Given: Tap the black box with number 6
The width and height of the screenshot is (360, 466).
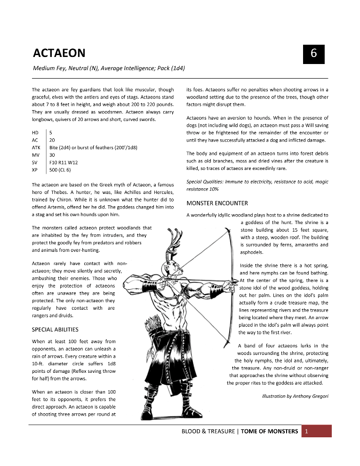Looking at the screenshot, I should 313,54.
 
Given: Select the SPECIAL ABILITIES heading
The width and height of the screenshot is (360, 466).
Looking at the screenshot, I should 55,329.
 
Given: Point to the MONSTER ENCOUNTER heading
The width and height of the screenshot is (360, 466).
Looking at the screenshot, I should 217,203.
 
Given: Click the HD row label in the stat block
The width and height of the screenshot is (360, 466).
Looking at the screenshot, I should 35,133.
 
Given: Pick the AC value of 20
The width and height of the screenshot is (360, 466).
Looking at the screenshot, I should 52,140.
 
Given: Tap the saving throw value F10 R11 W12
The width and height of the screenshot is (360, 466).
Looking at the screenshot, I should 63,162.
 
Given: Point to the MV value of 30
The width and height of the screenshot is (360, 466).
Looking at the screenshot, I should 52,155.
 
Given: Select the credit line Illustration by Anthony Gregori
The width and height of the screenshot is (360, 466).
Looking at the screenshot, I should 295,396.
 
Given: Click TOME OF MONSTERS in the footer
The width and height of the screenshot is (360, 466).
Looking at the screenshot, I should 269,431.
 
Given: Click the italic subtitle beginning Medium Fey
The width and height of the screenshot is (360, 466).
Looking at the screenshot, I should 109,68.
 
